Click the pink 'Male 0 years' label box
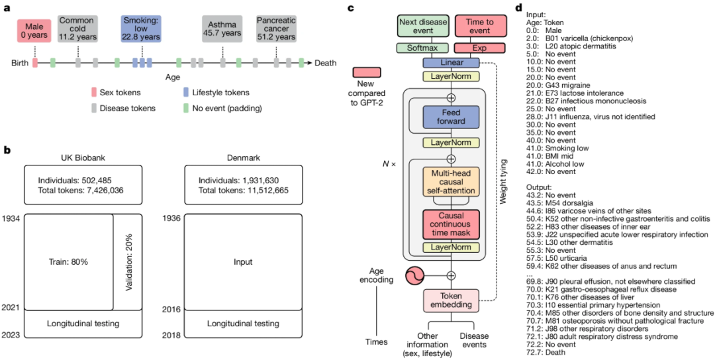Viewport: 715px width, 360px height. pos(34,31)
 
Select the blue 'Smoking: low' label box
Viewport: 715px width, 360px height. pos(141,28)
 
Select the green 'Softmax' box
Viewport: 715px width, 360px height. pos(422,48)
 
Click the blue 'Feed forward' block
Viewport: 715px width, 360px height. pos(451,117)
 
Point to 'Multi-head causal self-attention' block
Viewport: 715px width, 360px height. pos(451,181)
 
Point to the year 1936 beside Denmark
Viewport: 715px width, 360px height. pos(171,217)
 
